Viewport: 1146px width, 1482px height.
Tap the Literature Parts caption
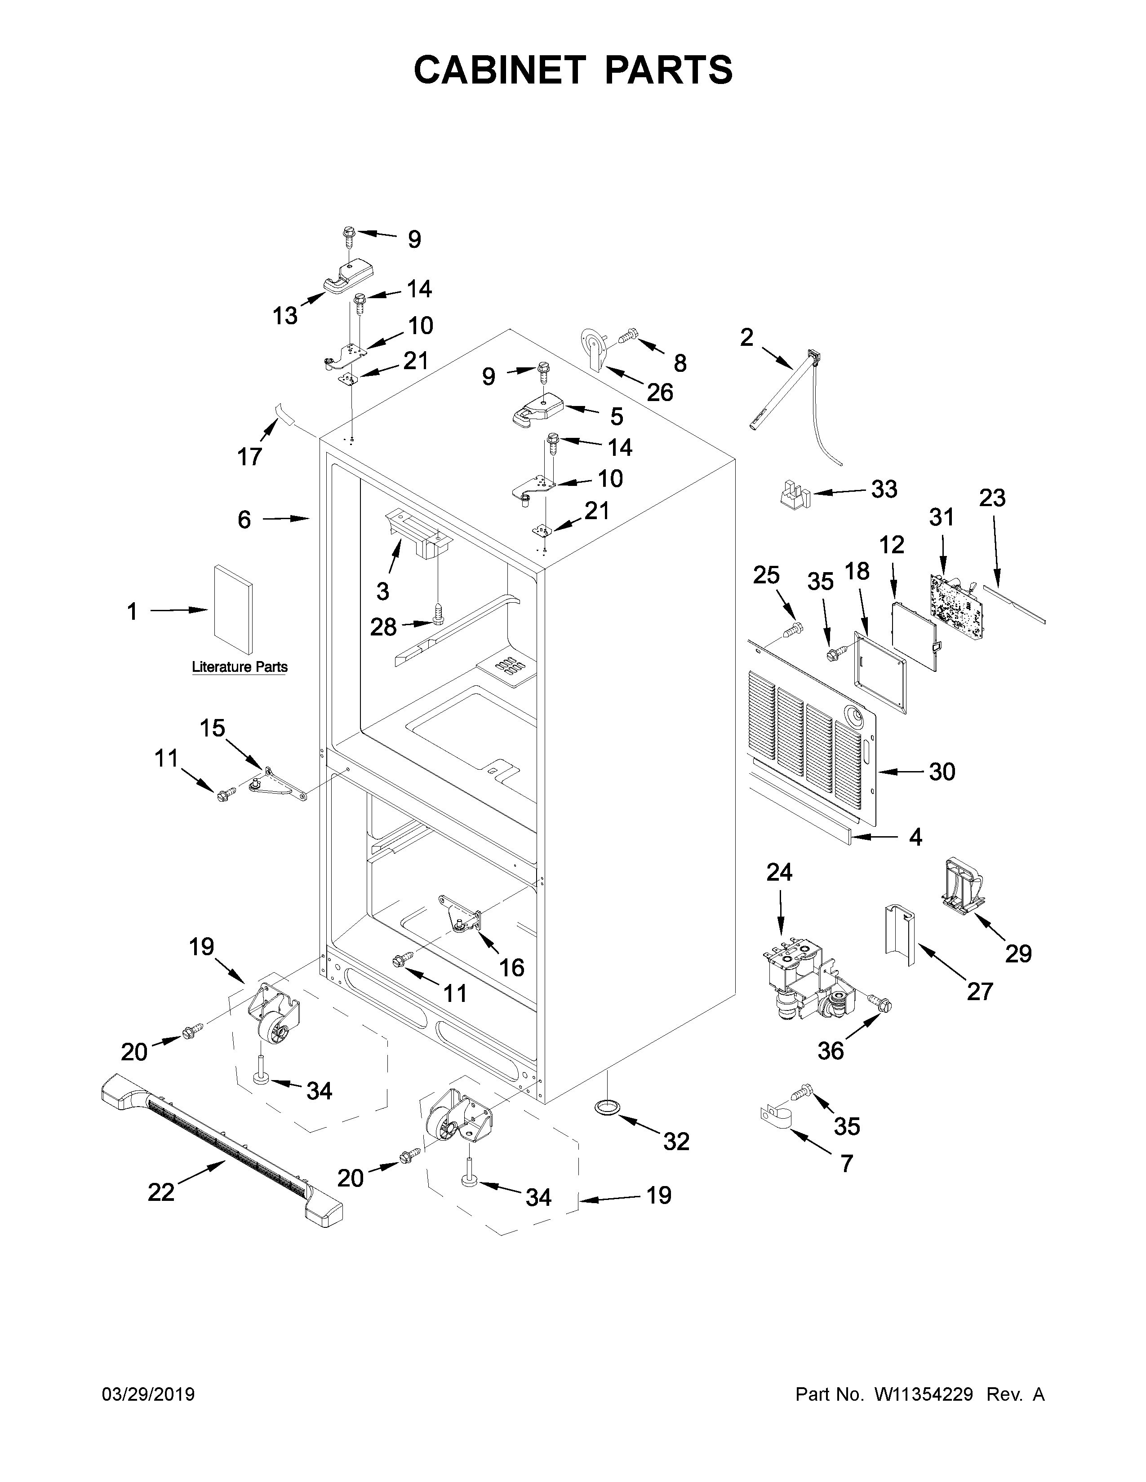click(x=240, y=667)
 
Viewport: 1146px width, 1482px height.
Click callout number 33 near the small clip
click(x=884, y=489)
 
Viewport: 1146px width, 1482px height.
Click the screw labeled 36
click(x=881, y=1004)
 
